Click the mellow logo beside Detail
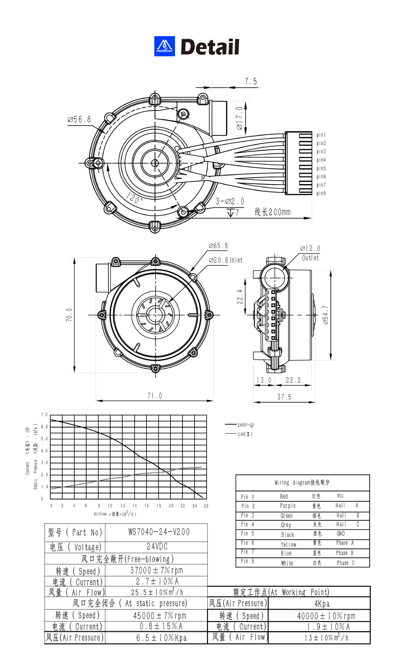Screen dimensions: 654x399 coord(164,46)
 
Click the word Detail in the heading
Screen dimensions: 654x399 coord(210,47)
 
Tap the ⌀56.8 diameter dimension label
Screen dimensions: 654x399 coord(79,120)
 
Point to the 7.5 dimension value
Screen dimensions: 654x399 coord(251,81)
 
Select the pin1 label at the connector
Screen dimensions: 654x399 coord(321,135)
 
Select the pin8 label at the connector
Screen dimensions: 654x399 coord(321,193)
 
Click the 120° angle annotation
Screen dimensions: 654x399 coord(134,198)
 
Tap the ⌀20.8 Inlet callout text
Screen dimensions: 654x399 coord(226,260)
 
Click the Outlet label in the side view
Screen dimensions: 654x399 coord(310,258)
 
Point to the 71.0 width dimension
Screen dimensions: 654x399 coord(155,396)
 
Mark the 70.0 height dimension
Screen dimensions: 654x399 coord(69,315)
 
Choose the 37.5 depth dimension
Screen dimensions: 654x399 coord(284,397)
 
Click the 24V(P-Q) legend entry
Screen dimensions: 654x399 coord(245,425)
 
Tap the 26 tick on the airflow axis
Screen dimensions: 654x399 coord(206,506)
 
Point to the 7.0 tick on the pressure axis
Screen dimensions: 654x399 coord(44,415)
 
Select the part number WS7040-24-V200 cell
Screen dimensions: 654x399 coord(159,532)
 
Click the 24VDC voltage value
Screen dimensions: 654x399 coord(157,546)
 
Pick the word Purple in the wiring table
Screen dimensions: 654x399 coord(288,506)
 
